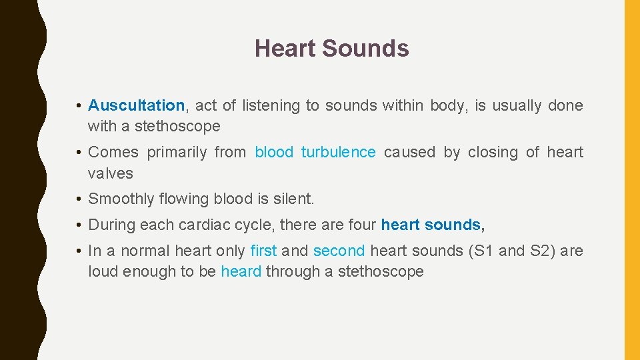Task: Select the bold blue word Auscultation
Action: point(136,105)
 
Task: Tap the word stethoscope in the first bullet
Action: point(177,126)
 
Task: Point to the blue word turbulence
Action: point(338,152)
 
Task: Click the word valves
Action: point(111,173)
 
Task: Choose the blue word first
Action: point(263,251)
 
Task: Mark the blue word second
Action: point(339,251)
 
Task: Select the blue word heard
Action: point(241,271)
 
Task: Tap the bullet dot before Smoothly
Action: point(79,199)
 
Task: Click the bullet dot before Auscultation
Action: point(79,105)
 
